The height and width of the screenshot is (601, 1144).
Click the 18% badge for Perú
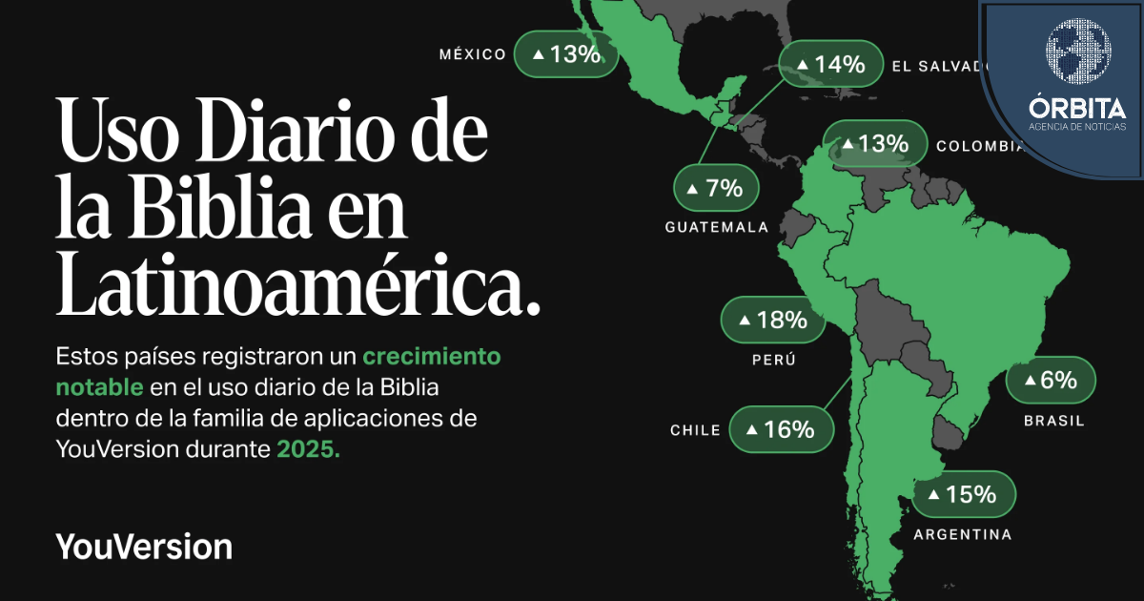tap(772, 320)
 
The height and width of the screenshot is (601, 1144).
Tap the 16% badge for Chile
tap(781, 429)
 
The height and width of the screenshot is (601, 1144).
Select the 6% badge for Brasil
tap(1051, 381)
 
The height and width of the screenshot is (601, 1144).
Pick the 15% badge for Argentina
tap(964, 494)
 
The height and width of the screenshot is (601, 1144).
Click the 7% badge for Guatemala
tap(716, 188)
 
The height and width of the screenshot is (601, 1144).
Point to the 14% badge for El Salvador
tap(830, 64)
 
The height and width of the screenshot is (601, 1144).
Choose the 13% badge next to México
tap(566, 54)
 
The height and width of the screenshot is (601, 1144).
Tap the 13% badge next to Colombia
tap(874, 144)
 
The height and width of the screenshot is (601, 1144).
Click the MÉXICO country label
tap(472, 54)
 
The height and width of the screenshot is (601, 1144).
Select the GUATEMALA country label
tap(716, 228)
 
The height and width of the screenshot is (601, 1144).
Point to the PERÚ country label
tap(773, 361)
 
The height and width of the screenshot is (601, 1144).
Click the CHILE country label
tap(695, 430)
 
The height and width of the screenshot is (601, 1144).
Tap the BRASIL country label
tap(1053, 421)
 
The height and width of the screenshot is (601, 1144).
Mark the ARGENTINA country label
tap(963, 534)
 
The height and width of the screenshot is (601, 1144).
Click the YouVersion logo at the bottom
tap(144, 547)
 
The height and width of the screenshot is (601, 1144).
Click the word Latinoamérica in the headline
tap(297, 285)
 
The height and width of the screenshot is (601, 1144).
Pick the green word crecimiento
tap(431, 357)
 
